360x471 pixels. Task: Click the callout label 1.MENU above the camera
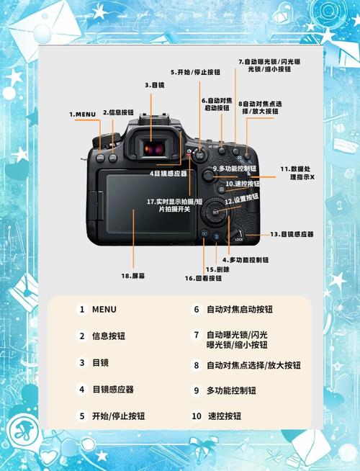(83, 114)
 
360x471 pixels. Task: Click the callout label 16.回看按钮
(203, 278)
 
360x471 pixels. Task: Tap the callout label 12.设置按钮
(241, 199)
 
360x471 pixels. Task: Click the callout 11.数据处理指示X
(297, 172)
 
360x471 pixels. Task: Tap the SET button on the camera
(215, 212)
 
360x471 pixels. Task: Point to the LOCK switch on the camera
(238, 237)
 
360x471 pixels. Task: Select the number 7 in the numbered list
(195, 335)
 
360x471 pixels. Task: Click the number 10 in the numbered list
(196, 416)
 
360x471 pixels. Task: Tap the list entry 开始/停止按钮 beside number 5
(118, 416)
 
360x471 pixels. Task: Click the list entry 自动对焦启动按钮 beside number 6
(240, 309)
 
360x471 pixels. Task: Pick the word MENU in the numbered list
(104, 309)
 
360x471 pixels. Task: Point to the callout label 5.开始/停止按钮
(195, 72)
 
